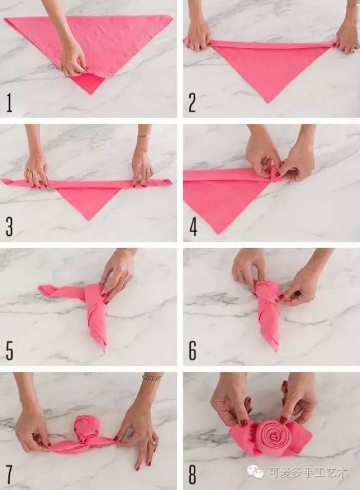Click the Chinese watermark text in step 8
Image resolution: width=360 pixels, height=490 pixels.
pyautogui.click(x=308, y=473)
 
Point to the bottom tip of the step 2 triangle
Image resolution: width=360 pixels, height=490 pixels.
pyautogui.click(x=268, y=102)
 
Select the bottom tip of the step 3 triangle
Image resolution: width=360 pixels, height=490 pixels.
pyautogui.click(x=88, y=221)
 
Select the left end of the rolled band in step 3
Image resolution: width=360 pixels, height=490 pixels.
pyautogui.click(x=3, y=181)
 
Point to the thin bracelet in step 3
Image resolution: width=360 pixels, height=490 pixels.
pyautogui.click(x=143, y=136)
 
